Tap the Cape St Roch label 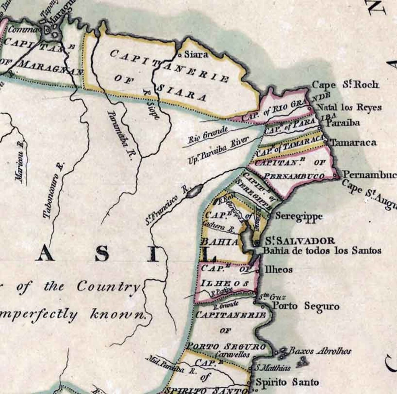point(345,85)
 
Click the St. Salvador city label point(300,241)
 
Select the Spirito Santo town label point(287,382)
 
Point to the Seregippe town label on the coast point(299,216)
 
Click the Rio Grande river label point(208,135)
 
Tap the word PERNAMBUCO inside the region point(294,176)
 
